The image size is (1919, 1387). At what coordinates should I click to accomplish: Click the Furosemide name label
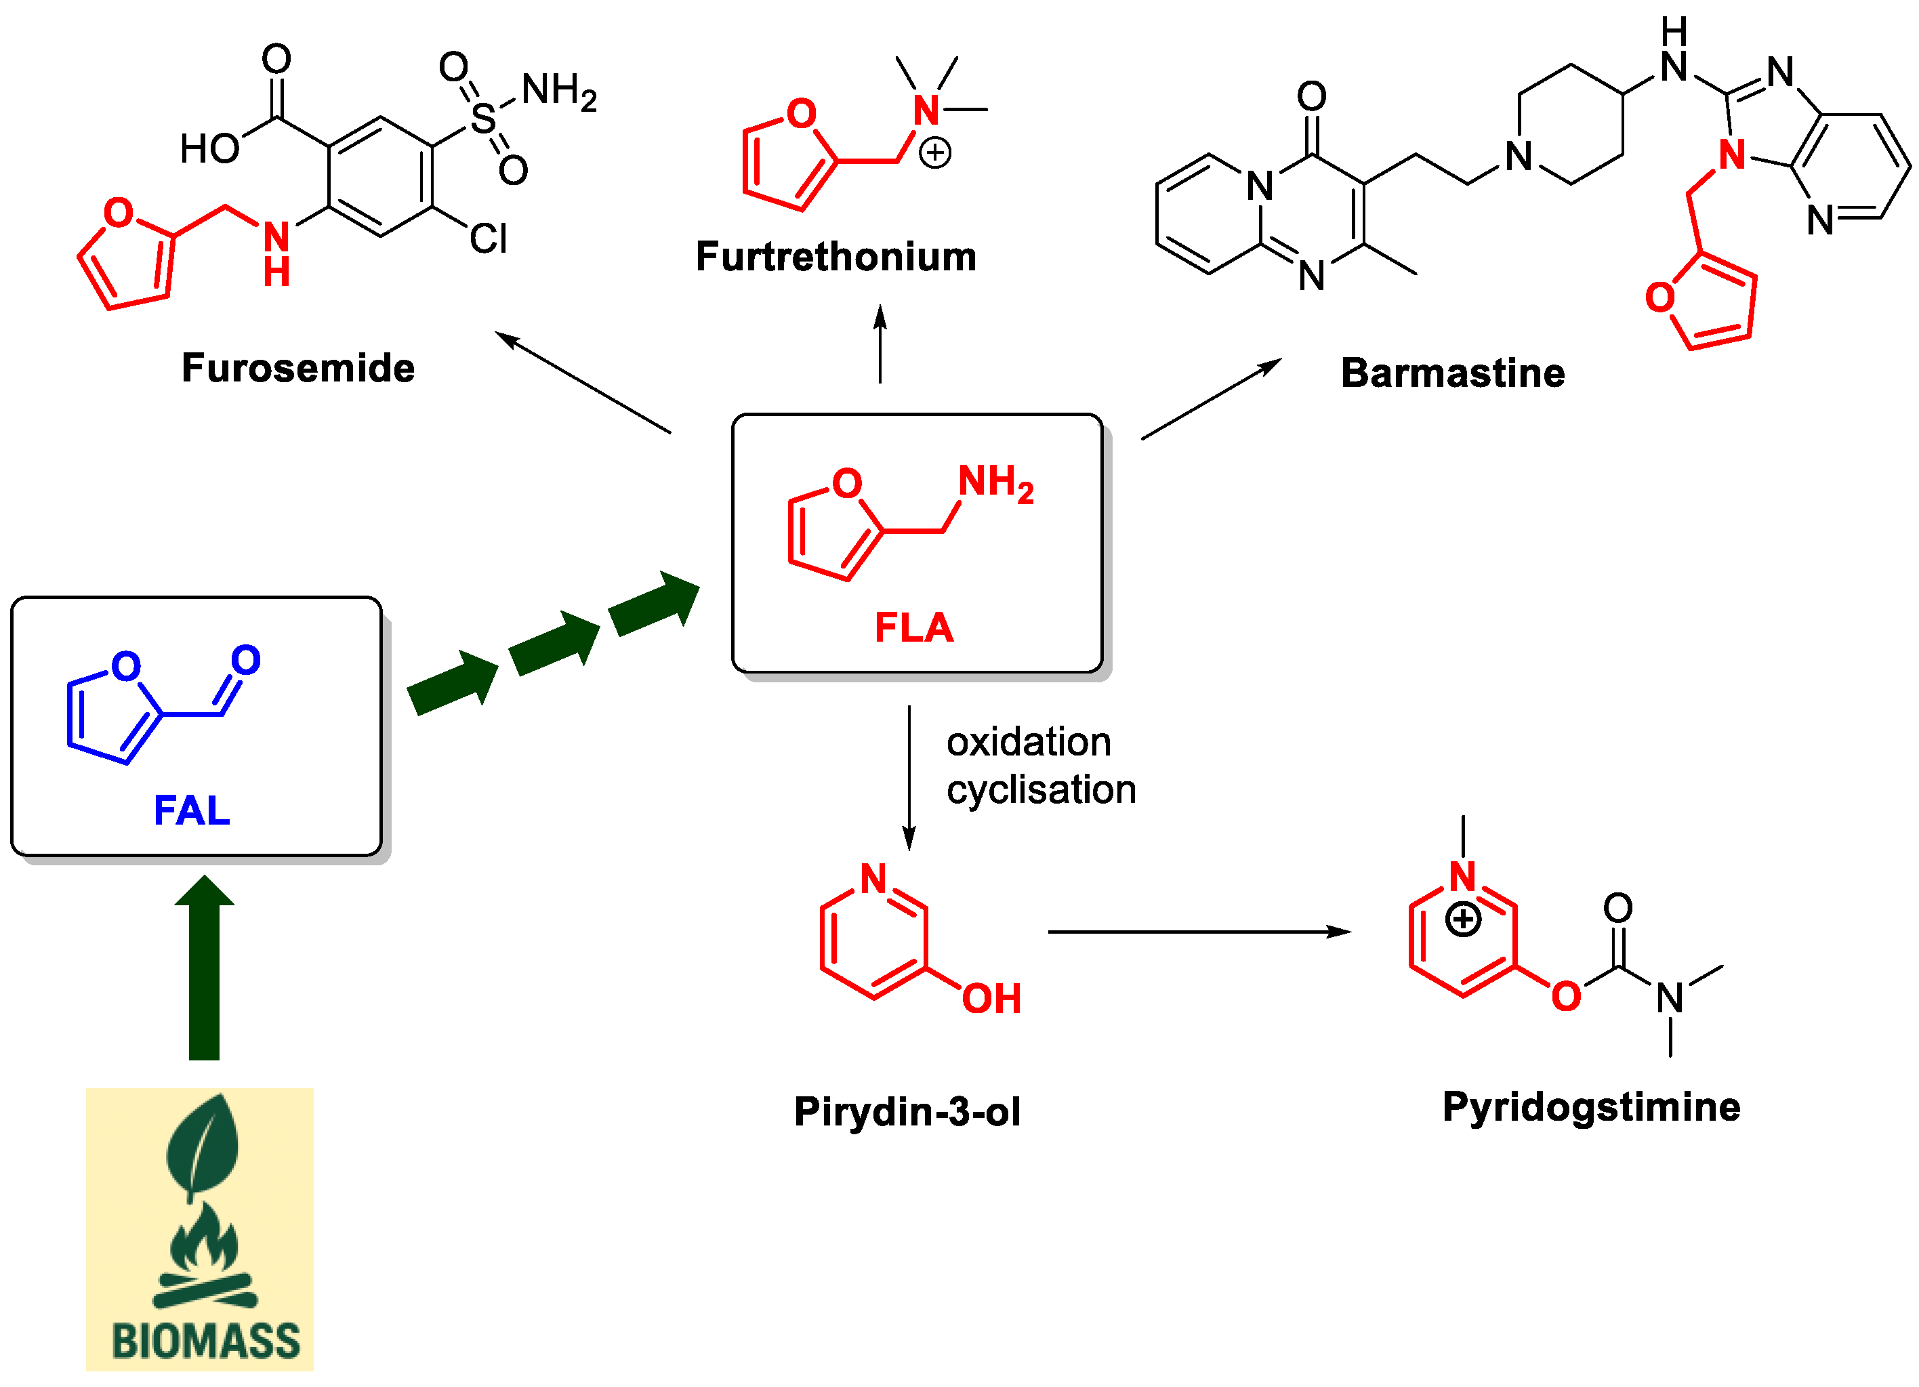(x=298, y=368)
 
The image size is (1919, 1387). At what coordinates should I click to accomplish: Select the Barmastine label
(x=1452, y=373)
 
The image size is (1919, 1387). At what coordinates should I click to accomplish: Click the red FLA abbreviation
(x=914, y=628)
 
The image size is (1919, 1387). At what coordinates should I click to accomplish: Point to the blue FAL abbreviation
(x=192, y=810)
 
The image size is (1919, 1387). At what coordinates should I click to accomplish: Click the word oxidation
(x=1028, y=742)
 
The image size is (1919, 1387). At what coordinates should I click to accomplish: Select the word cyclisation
(x=1041, y=789)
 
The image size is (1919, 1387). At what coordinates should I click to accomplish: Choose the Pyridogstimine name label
(x=1591, y=1107)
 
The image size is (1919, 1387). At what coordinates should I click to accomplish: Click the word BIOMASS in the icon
(x=205, y=1342)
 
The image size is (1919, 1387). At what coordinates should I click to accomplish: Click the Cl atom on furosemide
(x=489, y=239)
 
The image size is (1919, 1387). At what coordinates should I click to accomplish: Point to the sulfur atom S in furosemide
(x=483, y=119)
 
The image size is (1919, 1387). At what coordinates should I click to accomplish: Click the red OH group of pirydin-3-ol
(x=991, y=999)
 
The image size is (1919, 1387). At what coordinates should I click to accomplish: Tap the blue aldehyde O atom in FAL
(x=245, y=660)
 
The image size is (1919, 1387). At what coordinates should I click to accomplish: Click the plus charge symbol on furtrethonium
(x=935, y=153)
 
